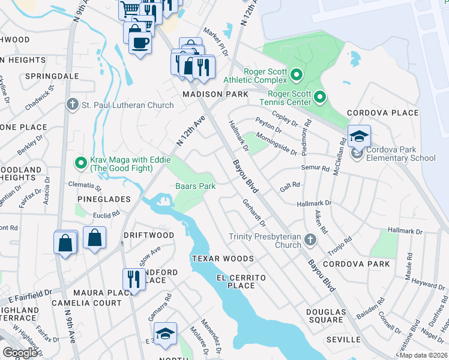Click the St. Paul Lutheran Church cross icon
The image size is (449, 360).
pos(72,105)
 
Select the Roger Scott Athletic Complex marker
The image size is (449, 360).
pos(295,75)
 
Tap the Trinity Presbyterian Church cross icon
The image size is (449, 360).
pos(310,240)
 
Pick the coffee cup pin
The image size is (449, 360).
pos(140,43)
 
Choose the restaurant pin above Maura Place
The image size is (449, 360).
pos(134,279)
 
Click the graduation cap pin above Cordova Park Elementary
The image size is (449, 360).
pos(359,137)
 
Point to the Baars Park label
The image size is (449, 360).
pos(195,186)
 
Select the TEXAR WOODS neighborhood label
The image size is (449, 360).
pos(223,259)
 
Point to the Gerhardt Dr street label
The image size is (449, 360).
pos(254,214)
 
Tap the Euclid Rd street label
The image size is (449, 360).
pos(106,213)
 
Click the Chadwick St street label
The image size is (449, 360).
pos(40,98)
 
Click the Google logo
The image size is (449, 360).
pos(20,352)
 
